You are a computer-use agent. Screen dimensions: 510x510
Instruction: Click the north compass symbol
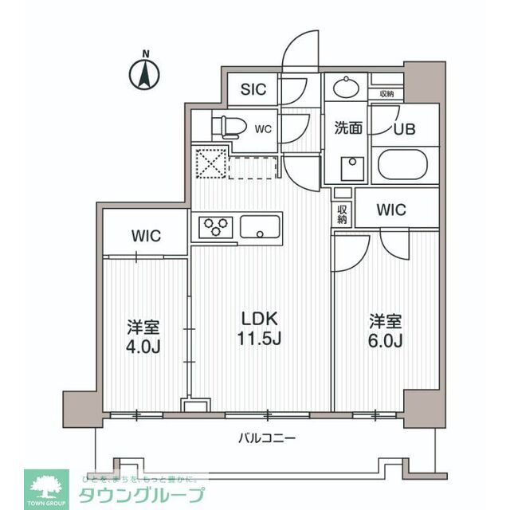coord(144,74)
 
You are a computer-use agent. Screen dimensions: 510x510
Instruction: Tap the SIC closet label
coord(254,88)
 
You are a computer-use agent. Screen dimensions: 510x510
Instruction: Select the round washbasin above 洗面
coord(347,86)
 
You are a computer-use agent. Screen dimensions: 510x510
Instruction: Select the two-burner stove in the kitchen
coord(214,227)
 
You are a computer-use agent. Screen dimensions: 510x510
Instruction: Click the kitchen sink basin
coord(259,226)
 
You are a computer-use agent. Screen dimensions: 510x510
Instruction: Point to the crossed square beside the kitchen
coord(211,165)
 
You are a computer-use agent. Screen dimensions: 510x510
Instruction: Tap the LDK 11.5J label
coord(261,328)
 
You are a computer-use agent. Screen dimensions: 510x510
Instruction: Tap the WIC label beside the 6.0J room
coord(391,210)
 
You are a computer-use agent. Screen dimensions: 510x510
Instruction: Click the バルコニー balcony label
coord(266,437)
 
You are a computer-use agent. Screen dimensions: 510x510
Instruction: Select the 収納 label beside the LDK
coord(342,214)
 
